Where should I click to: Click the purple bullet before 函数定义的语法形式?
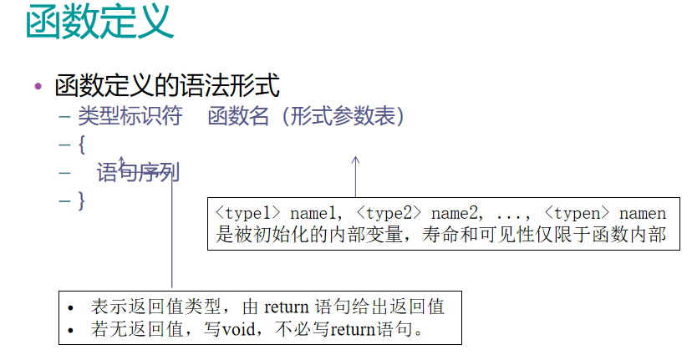point(38,86)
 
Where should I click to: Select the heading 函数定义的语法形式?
point(166,85)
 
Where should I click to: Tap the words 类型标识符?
point(130,116)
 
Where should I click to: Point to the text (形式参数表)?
point(343,116)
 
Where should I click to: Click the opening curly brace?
point(81,145)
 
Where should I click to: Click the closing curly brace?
point(81,200)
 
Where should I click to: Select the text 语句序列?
point(138,173)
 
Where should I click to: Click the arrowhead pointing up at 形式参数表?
point(355,159)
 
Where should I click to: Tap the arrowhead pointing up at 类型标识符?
point(122,158)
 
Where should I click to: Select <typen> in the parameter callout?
point(572,213)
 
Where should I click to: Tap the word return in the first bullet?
point(289,307)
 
